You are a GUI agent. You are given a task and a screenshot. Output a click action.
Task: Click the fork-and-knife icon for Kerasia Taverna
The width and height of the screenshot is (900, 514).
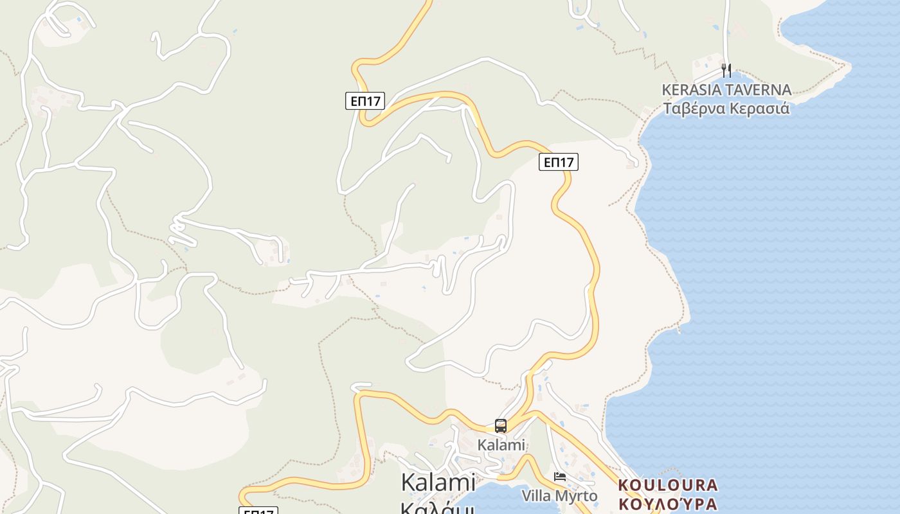coord(726,70)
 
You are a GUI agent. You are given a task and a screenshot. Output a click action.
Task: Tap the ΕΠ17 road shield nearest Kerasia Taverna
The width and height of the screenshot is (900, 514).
coord(559,162)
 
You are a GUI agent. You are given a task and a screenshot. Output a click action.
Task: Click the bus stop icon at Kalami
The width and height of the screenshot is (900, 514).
coord(501,425)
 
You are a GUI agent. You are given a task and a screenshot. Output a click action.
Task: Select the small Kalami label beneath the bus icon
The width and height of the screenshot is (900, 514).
coord(501,445)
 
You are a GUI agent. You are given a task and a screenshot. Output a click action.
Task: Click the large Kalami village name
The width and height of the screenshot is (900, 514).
coord(438,482)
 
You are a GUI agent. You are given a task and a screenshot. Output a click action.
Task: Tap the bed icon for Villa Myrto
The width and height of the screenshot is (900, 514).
coord(560,476)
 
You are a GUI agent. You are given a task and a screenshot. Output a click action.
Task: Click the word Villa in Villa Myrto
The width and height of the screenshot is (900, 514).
coord(535,496)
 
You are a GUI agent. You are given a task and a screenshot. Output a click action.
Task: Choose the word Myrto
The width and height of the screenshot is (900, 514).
coord(575,496)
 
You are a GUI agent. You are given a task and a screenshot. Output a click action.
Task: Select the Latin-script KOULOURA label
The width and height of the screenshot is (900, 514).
coord(668,484)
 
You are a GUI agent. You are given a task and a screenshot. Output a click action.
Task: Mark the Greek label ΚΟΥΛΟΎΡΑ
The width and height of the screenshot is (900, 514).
coord(668,502)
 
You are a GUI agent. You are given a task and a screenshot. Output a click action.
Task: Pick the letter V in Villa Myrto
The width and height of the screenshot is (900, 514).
coord(526,496)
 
